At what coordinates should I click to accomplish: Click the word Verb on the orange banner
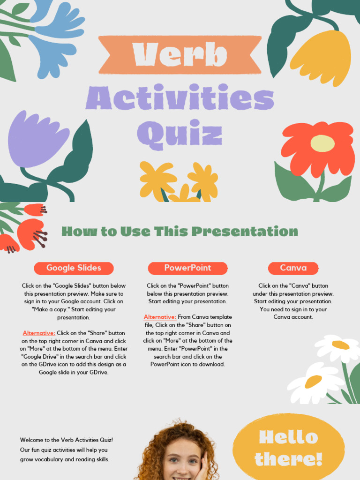click(180, 54)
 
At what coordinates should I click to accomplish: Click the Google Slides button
click(74, 268)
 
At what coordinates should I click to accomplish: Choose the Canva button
click(293, 268)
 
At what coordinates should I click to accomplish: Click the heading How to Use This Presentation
click(180, 231)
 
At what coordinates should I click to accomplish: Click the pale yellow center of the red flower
click(322, 143)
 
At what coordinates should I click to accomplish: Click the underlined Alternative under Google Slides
click(39, 333)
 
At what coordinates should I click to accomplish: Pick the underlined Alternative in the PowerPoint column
click(160, 317)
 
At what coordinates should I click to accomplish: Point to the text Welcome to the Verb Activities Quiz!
click(67, 440)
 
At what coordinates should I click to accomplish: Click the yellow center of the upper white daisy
click(341, 345)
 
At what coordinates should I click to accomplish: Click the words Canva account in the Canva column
click(293, 317)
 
